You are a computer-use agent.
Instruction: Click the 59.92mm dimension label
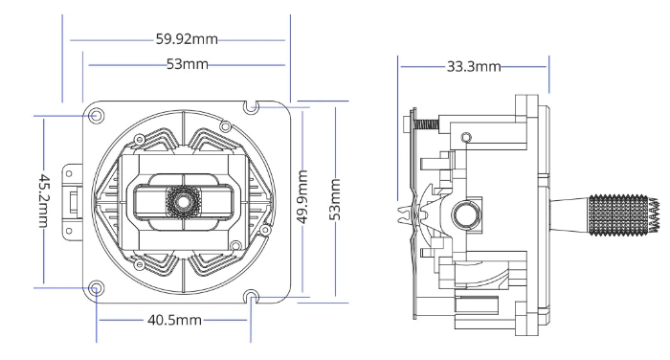pos(187,40)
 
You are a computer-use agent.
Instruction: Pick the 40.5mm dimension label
pos(171,320)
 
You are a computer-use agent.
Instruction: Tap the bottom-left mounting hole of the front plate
pos(96,287)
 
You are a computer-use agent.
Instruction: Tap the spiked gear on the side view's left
pos(409,213)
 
